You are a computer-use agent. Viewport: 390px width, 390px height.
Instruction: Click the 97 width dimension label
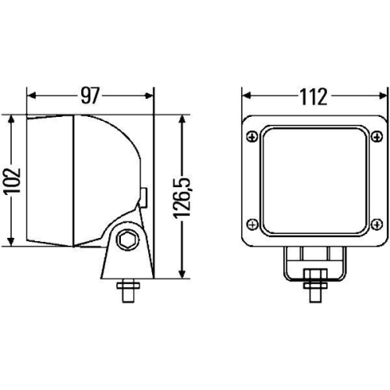[x=90, y=96]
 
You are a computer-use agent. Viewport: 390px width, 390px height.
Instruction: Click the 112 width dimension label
[x=313, y=96]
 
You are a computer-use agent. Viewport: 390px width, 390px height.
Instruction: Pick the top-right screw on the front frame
[x=377, y=137]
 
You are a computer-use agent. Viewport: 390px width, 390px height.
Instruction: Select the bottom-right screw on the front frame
[x=377, y=222]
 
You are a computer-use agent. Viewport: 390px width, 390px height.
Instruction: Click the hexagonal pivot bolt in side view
[x=126, y=239]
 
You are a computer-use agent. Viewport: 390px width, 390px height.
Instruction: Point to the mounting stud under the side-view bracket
[x=126, y=292]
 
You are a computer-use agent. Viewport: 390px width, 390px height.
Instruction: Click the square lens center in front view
[x=315, y=179]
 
